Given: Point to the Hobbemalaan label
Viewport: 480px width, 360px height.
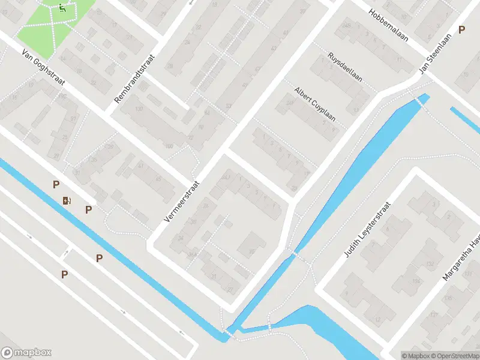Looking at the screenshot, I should point(388,25).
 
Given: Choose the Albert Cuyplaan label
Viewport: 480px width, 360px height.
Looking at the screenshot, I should point(314,103).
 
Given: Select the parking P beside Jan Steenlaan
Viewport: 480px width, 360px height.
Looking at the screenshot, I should point(461,29).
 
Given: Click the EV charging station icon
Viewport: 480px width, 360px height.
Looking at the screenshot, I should point(67,200).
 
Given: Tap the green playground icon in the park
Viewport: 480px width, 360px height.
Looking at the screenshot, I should point(62,8).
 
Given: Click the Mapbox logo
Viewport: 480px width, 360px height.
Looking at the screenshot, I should point(26,353).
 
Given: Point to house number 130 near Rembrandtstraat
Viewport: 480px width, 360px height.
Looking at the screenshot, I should point(140,109).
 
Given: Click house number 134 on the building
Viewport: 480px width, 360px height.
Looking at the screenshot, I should point(416,281).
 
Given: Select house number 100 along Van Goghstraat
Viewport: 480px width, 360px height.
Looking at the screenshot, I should point(169,146).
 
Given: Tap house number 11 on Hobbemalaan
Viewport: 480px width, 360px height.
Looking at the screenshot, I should point(400,60).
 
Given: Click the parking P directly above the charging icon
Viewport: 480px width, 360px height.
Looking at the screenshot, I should point(56,185).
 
